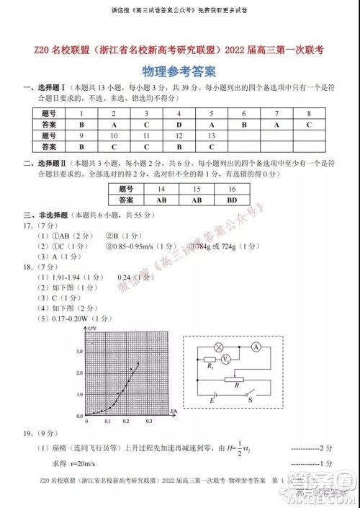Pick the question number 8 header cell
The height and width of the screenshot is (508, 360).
point(308,114)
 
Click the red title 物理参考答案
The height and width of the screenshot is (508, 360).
point(180,72)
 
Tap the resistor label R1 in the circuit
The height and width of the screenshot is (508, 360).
point(210,367)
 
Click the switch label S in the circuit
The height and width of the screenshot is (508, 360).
point(251,398)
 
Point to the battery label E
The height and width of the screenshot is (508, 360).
point(212,398)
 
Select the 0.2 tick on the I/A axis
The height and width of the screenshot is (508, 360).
point(125,420)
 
